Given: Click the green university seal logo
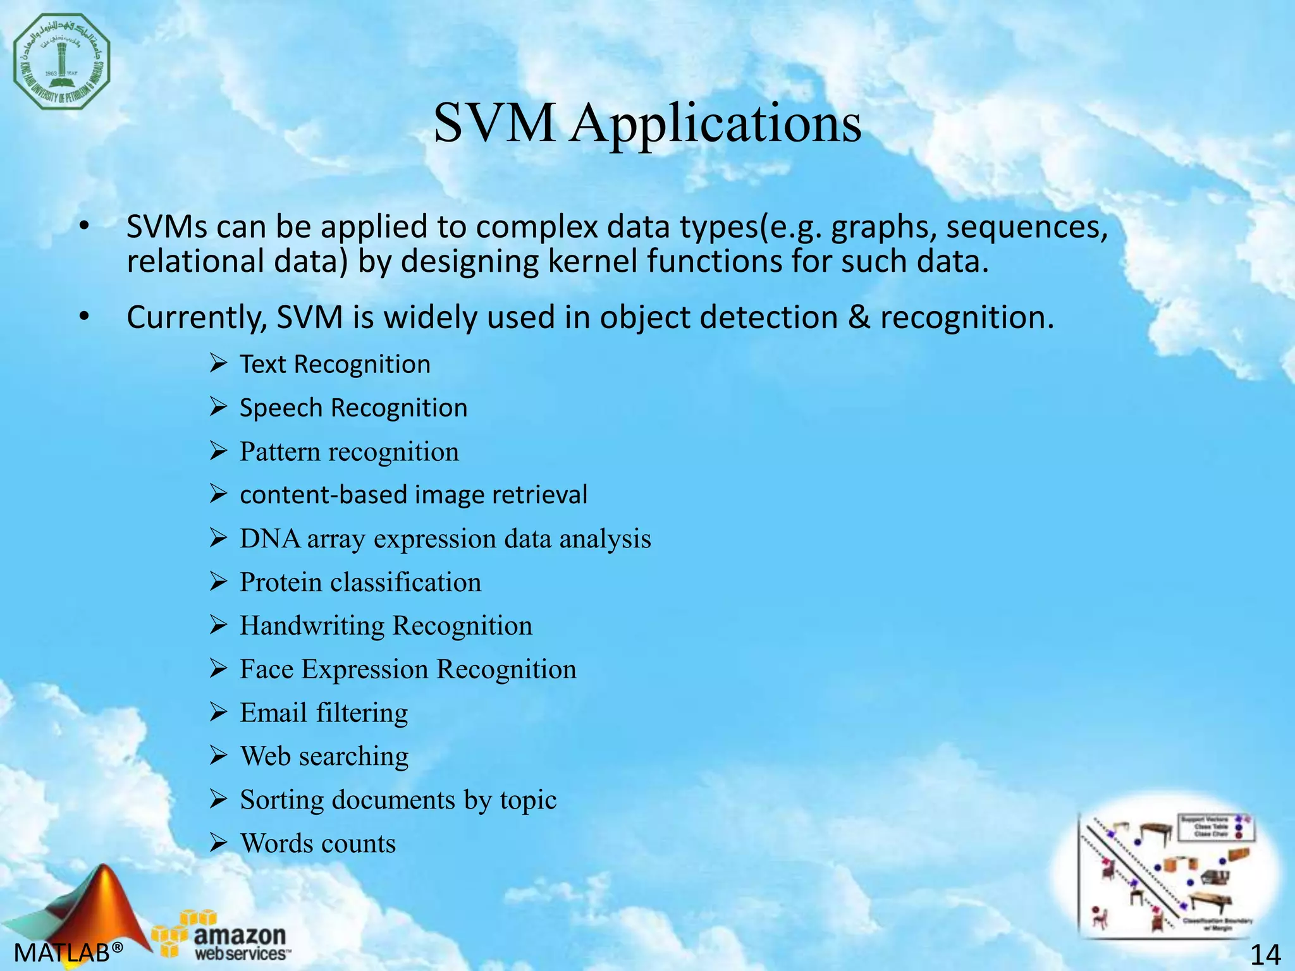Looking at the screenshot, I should coord(62,62).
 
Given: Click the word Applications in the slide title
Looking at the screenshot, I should coord(716,123).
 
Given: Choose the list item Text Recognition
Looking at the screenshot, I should coord(334,364).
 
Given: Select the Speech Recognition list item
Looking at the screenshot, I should coord(353,408).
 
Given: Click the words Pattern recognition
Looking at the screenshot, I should coord(349,451).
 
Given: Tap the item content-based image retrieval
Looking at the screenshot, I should coord(414,494).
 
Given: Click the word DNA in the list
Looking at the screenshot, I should coord(270,539).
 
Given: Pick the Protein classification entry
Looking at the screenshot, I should coord(360,582).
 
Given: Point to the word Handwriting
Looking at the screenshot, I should coord(312,626).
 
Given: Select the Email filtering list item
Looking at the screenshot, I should coord(324,713).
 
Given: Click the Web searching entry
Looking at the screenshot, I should coord(324,756).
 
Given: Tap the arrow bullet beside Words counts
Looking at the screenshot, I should coord(218,843).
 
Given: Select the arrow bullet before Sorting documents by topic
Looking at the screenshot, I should coord(218,799).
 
